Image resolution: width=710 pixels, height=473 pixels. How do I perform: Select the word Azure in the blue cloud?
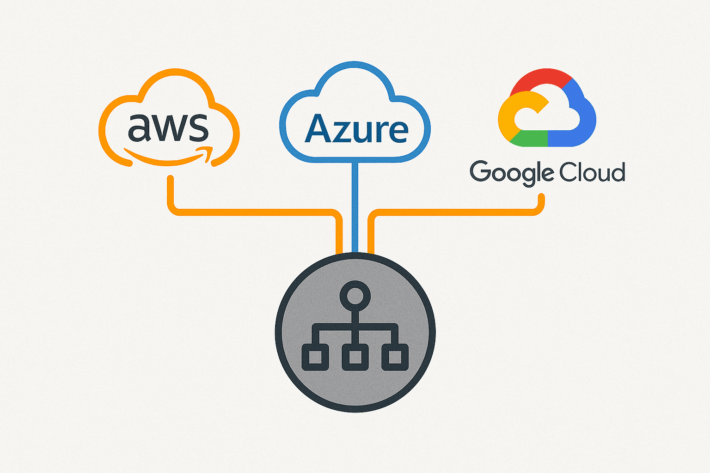(356, 129)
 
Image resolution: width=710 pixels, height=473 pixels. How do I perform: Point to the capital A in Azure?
(320, 129)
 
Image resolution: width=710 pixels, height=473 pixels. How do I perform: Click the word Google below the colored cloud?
(511, 173)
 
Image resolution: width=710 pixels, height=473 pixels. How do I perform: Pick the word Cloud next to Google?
(592, 172)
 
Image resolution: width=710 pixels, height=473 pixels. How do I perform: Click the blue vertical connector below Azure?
(355, 208)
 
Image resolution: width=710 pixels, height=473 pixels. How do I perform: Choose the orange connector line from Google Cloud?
(458, 212)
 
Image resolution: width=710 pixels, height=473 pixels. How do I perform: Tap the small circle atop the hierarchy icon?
(355, 296)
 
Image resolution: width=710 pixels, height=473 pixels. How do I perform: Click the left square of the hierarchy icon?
(315, 358)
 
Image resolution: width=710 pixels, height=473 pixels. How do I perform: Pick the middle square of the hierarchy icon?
(355, 358)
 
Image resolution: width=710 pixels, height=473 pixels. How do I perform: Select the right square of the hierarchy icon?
(395, 358)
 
